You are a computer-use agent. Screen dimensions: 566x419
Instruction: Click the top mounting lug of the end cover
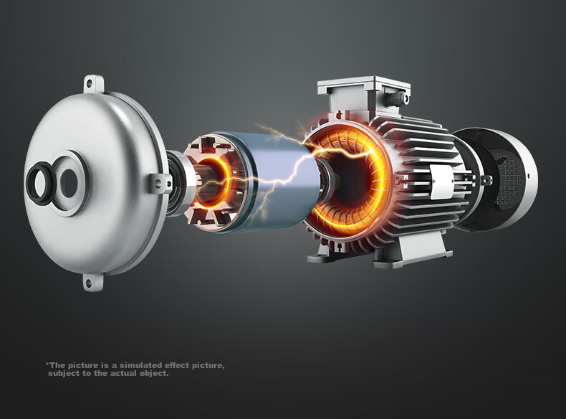(x=94, y=84)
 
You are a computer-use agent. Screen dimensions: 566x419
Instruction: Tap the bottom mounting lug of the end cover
(x=93, y=282)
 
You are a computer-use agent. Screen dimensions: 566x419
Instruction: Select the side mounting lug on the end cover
(x=160, y=182)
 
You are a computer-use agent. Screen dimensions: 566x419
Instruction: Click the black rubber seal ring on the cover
(x=41, y=183)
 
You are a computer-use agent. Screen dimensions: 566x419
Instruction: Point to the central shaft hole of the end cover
(x=69, y=183)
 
